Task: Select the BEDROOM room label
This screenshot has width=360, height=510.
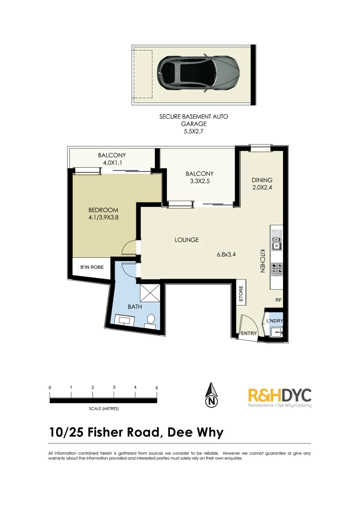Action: [103, 210]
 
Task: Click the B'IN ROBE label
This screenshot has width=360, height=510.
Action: [92, 267]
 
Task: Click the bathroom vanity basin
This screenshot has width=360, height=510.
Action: [126, 322]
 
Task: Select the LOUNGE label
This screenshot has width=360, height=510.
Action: [186, 240]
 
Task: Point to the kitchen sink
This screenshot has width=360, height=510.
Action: [277, 240]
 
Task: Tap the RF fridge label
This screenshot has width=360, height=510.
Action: [278, 300]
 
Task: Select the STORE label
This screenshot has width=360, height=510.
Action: [241, 294]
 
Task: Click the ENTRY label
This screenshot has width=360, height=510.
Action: [249, 333]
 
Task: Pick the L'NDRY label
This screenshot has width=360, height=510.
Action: [274, 321]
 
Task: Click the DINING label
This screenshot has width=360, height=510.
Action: [262, 180]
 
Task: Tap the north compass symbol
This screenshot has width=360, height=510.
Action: [212, 395]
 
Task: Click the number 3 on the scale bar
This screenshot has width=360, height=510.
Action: [114, 387]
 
